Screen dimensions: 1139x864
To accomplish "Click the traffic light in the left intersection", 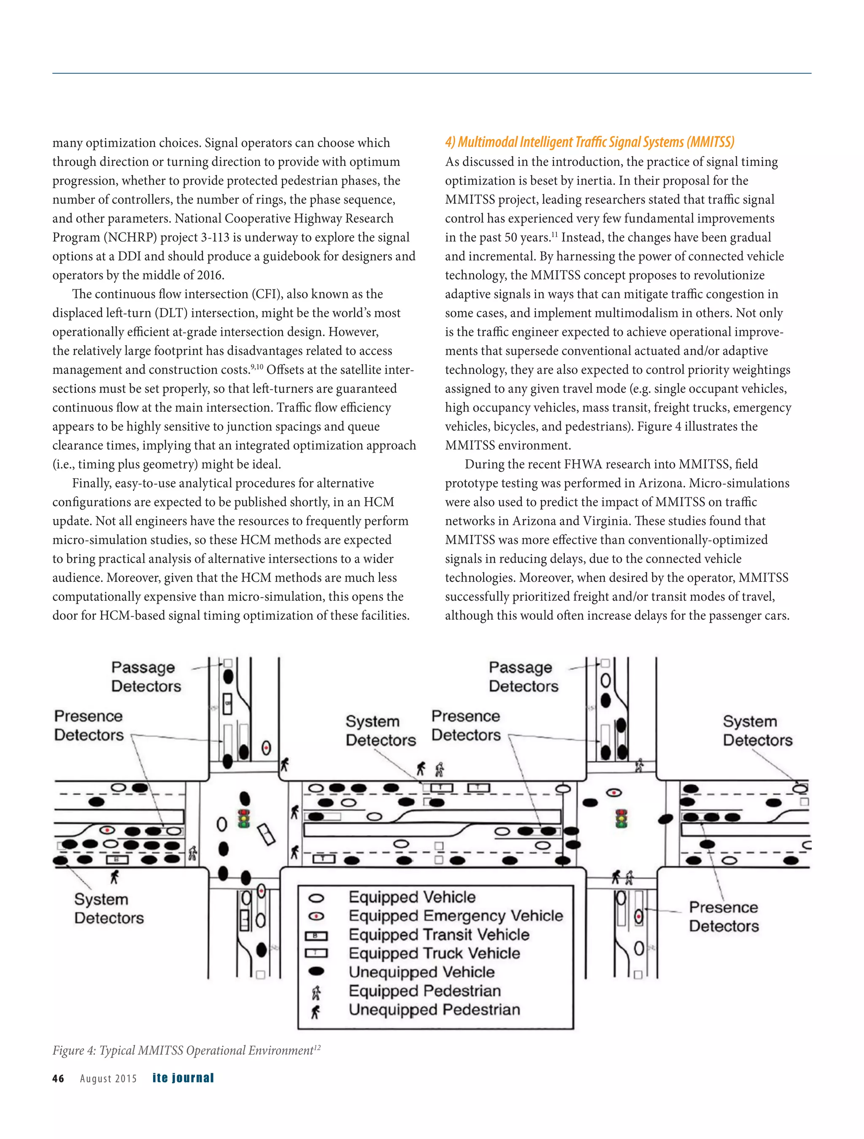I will pos(243,818).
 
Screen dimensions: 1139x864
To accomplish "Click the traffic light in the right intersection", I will pos(621,818).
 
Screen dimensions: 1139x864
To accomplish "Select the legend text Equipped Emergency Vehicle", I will pos(456,915).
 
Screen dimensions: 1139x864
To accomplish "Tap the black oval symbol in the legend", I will pos(316,971).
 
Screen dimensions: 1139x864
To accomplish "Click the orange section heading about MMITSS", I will pos(589,142).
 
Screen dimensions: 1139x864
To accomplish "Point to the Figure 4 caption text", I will pos(183,1050).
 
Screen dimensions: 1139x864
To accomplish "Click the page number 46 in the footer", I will pos(58,1078).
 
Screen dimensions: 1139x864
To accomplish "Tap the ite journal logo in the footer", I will pos(183,1078).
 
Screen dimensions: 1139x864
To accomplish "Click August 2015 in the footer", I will pos(108,1079).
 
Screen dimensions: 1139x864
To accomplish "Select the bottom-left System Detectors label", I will pos(109,908).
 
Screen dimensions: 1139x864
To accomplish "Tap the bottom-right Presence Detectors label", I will pos(724,917).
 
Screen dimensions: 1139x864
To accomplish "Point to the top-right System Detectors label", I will pos(757,731).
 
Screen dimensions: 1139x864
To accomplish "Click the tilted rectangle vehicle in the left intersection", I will pos(266,834).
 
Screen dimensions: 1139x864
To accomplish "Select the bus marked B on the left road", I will pos(117,859).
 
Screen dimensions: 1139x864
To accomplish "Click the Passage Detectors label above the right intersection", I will pos(523,677).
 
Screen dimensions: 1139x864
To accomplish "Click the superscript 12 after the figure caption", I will pos(317,1046).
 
